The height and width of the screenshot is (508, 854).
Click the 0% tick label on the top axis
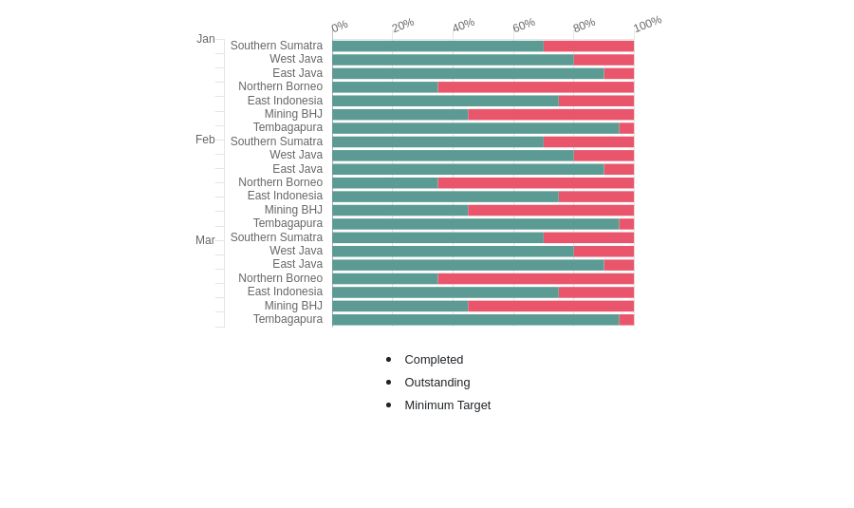(340, 27)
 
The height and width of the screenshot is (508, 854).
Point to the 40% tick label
(463, 26)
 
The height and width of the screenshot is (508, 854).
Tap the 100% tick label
(647, 24)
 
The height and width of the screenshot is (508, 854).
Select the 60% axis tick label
(524, 26)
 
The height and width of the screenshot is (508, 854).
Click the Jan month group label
(206, 39)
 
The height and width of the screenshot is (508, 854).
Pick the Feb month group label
(205, 140)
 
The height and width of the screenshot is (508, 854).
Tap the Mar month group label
(205, 240)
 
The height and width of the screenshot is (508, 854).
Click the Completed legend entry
(434, 360)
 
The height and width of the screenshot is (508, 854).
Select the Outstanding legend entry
(436, 383)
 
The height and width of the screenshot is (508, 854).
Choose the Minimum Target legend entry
(447, 405)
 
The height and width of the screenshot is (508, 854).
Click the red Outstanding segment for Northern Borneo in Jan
(535, 86)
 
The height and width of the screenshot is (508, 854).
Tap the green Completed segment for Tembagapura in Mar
(474, 320)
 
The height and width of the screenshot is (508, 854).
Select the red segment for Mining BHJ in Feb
(550, 210)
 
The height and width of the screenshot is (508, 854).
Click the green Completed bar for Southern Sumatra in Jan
(437, 46)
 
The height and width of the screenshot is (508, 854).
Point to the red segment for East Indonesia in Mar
(596, 292)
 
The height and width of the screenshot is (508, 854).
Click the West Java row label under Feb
(296, 155)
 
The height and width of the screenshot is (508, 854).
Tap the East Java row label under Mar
(297, 264)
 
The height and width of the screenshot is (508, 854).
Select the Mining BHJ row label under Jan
(293, 114)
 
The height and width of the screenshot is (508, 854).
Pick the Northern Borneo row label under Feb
(280, 182)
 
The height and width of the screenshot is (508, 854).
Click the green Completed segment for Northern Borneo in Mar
(384, 279)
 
